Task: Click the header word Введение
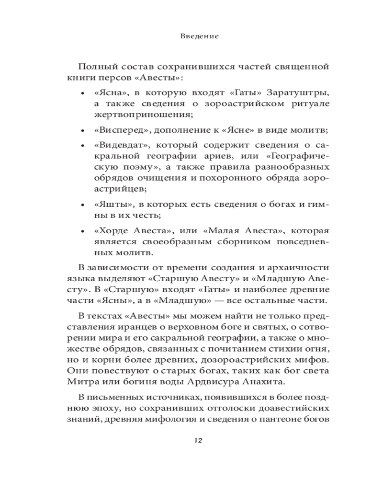pyautogui.click(x=200, y=36)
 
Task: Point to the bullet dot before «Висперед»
pyautogui.click(x=83, y=131)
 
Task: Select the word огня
pyautogui.click(x=316, y=348)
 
